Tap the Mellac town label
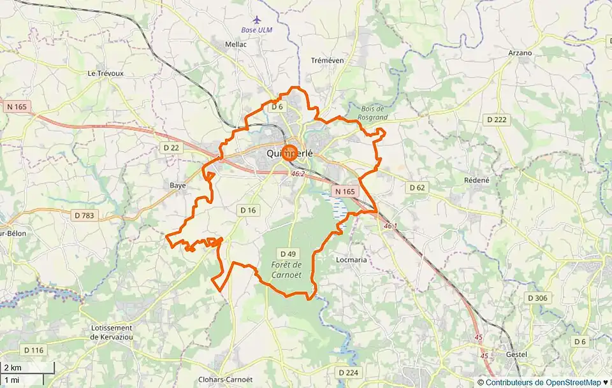[235, 45]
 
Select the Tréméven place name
[327, 61]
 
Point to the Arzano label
[520, 53]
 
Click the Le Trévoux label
[105, 73]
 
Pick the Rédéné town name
[477, 180]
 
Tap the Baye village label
[178, 185]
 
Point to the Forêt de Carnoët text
[286, 269]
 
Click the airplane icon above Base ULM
[257, 20]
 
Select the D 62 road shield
[417, 187]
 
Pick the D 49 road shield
[288, 253]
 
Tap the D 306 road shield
[537, 298]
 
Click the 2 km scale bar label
[13, 368]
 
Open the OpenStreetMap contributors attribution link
[543, 382]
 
